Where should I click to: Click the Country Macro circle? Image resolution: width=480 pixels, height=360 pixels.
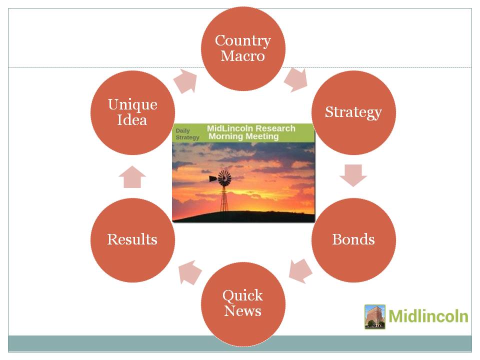point(243,48)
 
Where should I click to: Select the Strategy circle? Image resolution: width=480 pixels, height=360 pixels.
point(353,112)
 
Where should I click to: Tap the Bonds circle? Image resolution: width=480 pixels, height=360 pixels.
point(353,240)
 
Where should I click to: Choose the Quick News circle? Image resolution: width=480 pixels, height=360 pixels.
point(243,304)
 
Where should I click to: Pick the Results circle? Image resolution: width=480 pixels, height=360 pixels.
point(132,240)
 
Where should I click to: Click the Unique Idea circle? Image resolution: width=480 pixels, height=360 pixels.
point(132,112)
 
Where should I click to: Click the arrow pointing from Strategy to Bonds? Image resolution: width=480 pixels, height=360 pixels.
point(353,175)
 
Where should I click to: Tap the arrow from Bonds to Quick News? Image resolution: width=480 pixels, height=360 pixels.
point(300,271)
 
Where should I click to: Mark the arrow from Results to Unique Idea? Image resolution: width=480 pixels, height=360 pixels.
point(132,176)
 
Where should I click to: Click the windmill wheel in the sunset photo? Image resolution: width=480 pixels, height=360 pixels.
point(224,178)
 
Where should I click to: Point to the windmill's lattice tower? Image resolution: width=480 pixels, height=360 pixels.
point(224,198)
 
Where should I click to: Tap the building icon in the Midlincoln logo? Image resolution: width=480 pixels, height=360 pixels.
point(374,316)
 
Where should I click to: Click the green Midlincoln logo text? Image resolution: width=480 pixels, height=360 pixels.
point(428,316)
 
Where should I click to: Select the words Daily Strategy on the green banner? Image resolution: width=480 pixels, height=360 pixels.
point(187,134)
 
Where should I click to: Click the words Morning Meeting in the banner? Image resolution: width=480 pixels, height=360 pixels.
point(243,136)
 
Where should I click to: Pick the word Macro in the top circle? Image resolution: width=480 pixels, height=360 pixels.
point(243,56)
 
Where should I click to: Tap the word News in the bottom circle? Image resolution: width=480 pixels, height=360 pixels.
point(243,311)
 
